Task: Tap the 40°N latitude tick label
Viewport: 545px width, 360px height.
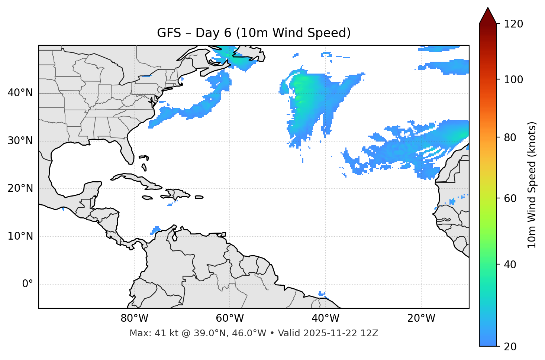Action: click(x=20, y=93)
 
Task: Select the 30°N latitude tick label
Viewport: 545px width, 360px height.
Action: click(x=20, y=141)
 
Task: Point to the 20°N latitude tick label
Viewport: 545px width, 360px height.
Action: click(x=20, y=188)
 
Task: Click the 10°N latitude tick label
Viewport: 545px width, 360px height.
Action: click(x=20, y=236)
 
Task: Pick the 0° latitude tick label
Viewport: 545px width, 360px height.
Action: click(x=28, y=284)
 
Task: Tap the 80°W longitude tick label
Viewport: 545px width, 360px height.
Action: click(x=134, y=318)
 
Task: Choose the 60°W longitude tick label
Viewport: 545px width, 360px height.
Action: click(x=230, y=318)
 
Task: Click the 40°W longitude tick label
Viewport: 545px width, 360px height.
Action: click(x=325, y=318)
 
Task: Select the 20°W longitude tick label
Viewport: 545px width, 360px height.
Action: click(x=421, y=318)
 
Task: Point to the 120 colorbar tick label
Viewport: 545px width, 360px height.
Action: click(x=513, y=24)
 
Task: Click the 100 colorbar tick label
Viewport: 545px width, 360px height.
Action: click(x=513, y=80)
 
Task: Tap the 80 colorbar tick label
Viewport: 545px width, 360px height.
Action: click(x=511, y=137)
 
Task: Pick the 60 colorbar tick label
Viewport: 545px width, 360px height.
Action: click(x=511, y=198)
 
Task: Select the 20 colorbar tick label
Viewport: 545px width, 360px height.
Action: click(x=511, y=347)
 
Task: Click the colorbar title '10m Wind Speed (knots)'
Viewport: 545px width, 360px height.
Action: click(x=532, y=185)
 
